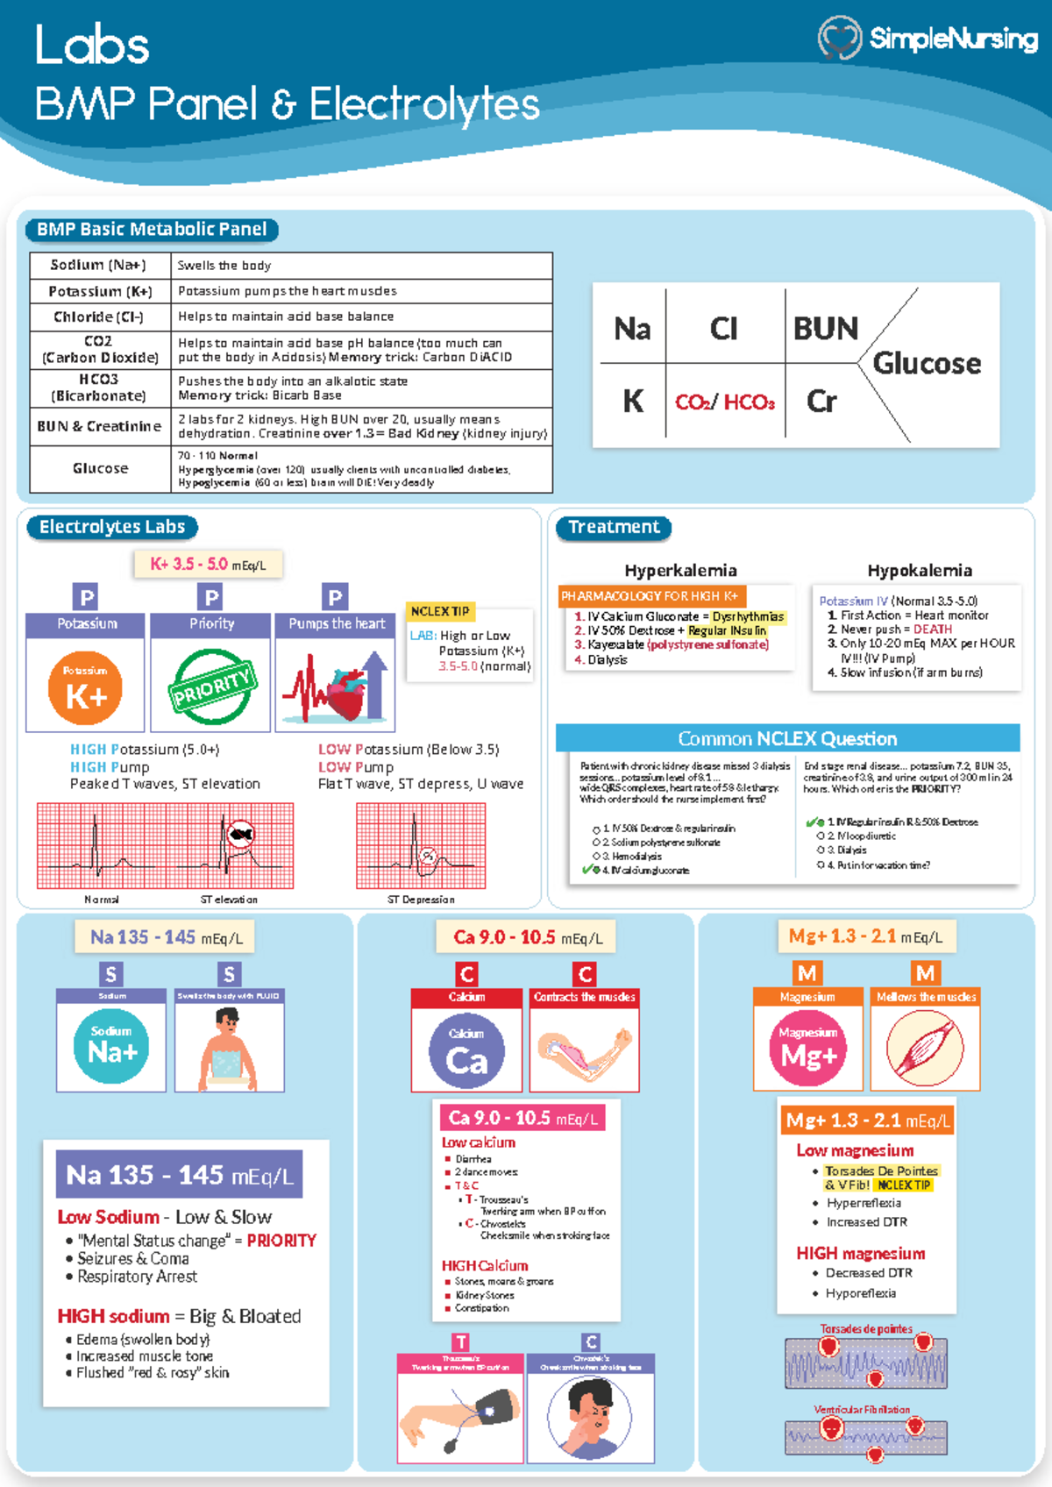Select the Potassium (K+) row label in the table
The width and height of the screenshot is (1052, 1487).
(x=100, y=291)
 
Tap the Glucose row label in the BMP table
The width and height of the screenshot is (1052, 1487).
(x=100, y=468)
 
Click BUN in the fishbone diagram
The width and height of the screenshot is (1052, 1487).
(x=825, y=329)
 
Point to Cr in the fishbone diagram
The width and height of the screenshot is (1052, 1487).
(x=821, y=402)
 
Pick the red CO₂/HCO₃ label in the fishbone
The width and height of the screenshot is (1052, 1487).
(x=724, y=402)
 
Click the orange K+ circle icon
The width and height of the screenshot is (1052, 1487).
(x=85, y=688)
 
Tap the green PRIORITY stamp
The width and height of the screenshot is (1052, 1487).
(x=211, y=687)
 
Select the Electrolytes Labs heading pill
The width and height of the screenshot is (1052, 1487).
(x=112, y=527)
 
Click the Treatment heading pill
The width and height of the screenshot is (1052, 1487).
(x=614, y=527)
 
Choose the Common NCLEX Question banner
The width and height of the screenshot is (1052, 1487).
(x=787, y=738)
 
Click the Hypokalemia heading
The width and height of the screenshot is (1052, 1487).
(x=919, y=571)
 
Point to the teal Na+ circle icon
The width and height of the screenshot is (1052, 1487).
(x=111, y=1046)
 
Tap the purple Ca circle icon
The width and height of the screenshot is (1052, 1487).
(x=466, y=1051)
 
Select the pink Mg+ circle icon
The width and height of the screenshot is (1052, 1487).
(x=808, y=1049)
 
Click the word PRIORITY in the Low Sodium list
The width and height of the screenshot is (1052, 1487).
(x=281, y=1241)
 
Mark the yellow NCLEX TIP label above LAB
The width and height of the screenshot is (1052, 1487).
(x=440, y=611)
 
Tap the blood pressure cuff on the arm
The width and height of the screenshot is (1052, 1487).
(x=487, y=1412)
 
